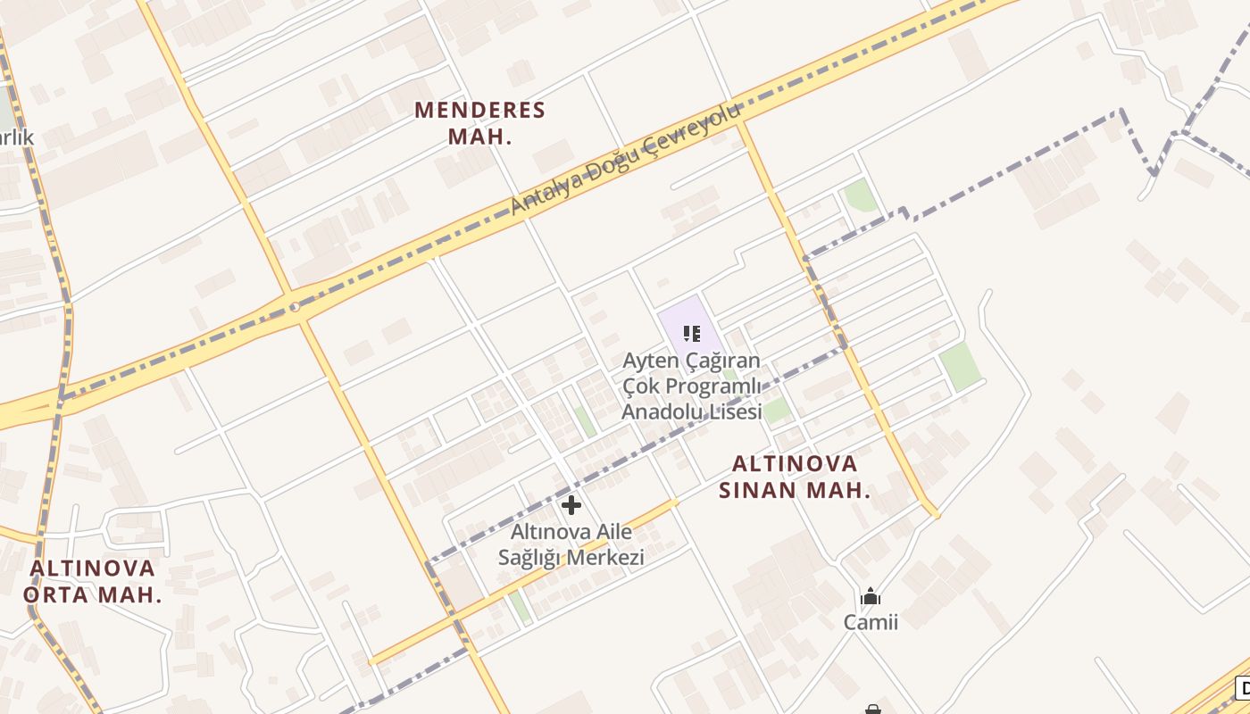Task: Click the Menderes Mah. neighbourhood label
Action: pos(479,123)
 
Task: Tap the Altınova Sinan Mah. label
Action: pos(795,477)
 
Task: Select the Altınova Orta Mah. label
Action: pos(93,581)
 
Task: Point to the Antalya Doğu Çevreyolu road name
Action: pos(626,160)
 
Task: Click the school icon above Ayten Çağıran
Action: pos(691,334)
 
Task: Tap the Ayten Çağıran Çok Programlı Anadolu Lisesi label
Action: pos(692,386)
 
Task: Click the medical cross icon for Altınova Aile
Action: pos(571,506)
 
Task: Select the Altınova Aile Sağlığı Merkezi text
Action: pos(571,544)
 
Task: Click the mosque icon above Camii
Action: pos(871,597)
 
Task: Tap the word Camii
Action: pos(871,622)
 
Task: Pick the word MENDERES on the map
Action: pos(479,111)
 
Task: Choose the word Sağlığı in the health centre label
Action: pos(529,558)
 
